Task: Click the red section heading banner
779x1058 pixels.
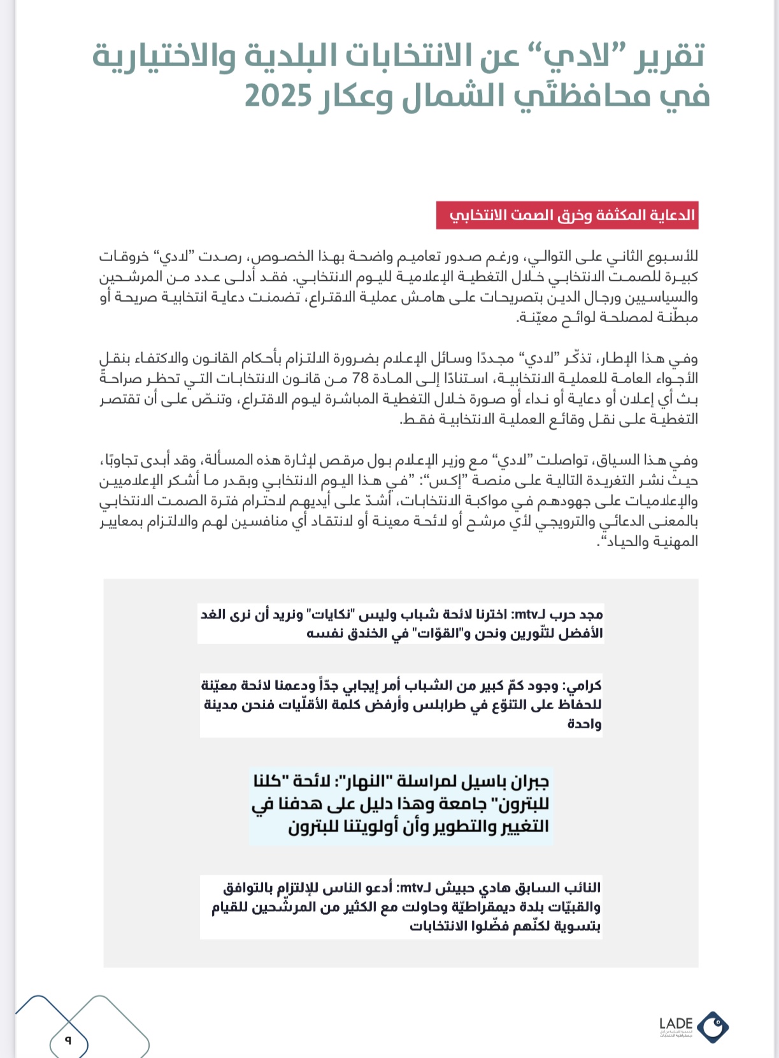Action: click(566, 215)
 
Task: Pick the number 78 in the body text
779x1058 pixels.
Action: click(361, 379)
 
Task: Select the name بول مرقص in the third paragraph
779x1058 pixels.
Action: click(336, 460)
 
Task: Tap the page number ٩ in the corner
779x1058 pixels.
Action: click(68, 1041)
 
